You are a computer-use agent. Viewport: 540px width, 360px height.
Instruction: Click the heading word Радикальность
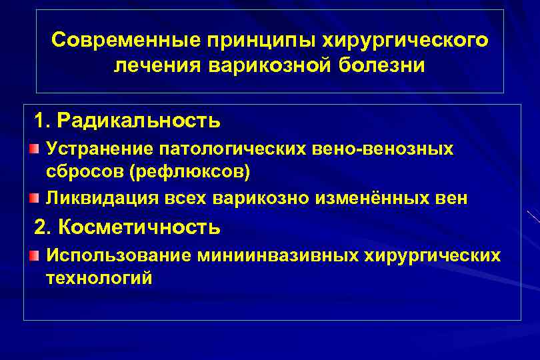click(x=139, y=121)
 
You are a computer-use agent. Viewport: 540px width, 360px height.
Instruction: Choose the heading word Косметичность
click(x=139, y=227)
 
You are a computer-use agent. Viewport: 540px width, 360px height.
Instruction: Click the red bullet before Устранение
click(x=33, y=148)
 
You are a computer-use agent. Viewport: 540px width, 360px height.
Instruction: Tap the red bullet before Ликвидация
click(x=33, y=198)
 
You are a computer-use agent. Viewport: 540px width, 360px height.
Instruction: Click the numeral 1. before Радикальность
click(x=43, y=121)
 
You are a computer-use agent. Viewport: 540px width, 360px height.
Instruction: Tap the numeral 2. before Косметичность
click(x=43, y=227)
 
